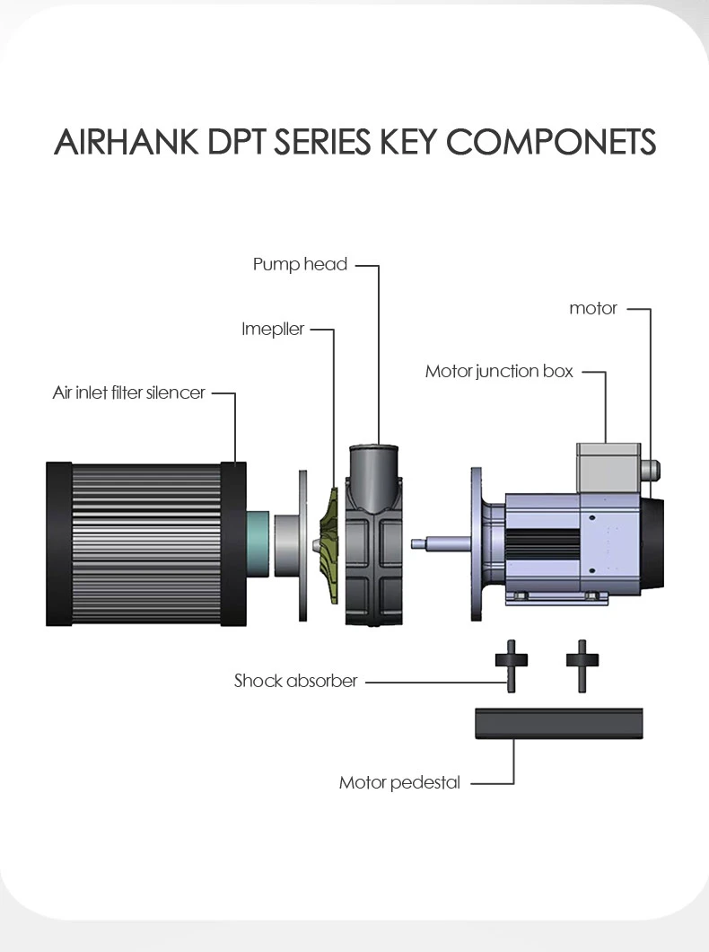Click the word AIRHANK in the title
point(127,142)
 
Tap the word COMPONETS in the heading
point(551,142)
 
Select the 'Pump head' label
point(301,265)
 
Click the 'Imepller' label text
point(273,329)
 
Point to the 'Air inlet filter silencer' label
point(128,392)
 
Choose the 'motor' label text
point(593,308)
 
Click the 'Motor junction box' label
point(499,371)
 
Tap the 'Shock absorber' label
point(296,681)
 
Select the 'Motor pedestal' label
point(399,782)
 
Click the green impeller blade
point(328,544)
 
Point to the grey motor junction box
point(608,468)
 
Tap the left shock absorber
point(512,666)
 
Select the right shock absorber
point(582,666)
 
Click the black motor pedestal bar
point(558,723)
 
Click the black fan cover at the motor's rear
point(652,542)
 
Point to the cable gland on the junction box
point(650,470)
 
